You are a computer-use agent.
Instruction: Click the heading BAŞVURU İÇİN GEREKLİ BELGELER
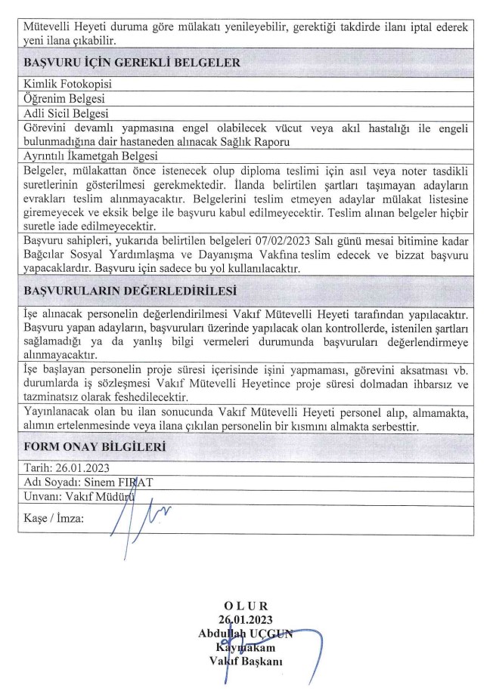tap(132, 63)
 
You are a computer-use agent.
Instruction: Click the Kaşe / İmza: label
tap(54, 519)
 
